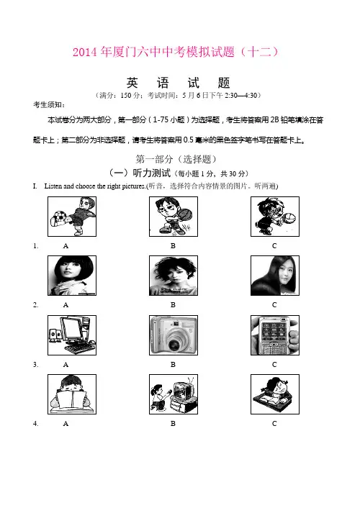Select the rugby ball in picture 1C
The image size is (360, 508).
[289, 218]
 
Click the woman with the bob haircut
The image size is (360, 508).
[72, 276]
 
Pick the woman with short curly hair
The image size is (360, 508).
[174, 276]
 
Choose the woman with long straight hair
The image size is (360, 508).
[275, 276]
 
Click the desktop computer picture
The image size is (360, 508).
[72, 335]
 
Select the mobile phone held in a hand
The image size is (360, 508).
[274, 335]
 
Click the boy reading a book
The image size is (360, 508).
[72, 394]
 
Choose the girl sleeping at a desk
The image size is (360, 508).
[275, 394]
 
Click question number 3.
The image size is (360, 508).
[36, 365]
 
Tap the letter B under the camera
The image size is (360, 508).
[174, 365]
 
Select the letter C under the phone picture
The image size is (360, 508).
[274, 365]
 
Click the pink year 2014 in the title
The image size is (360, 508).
[85, 52]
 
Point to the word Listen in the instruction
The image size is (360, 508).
[53, 186]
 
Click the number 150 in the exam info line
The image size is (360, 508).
[126, 95]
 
